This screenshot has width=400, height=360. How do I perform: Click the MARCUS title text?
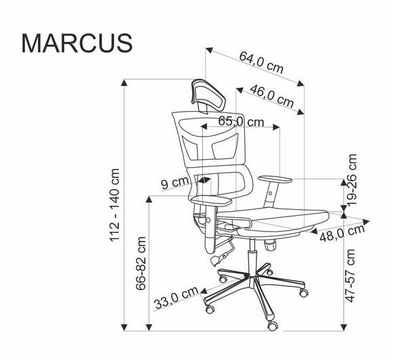(x=77, y=43)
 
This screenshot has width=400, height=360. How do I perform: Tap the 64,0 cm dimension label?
(x=261, y=63)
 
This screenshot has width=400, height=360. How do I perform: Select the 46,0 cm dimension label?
(x=272, y=97)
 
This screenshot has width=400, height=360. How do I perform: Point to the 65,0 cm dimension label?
(x=241, y=122)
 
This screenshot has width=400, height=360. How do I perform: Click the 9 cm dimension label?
(x=175, y=183)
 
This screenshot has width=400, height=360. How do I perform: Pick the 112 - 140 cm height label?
(x=114, y=205)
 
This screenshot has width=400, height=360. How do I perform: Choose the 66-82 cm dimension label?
(x=141, y=263)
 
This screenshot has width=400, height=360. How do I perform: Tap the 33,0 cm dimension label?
(x=176, y=298)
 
